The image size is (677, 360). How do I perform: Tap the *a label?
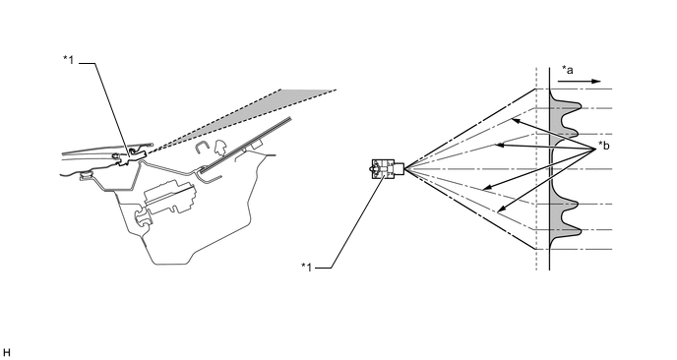click(568, 69)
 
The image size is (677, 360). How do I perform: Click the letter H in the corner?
click(7, 350)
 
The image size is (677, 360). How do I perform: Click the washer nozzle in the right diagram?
click(386, 169)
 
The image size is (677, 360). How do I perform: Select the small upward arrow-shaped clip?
click(221, 147)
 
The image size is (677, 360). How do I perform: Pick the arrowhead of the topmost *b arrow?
click(512, 120)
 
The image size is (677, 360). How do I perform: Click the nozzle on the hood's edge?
click(135, 151)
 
